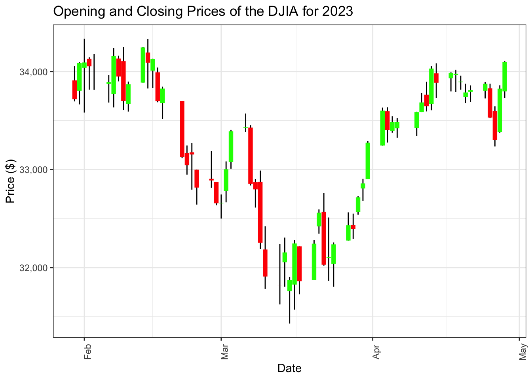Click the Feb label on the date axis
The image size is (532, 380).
(88, 351)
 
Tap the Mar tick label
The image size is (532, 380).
(225, 351)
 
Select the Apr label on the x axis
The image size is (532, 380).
(376, 351)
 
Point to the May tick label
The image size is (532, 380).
(523, 351)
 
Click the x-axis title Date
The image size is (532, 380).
(289, 369)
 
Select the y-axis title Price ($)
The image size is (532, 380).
(11, 180)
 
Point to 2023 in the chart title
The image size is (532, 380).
(337, 11)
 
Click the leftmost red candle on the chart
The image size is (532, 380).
(74, 90)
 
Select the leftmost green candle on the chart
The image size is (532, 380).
(79, 77)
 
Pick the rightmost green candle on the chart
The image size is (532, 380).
(505, 77)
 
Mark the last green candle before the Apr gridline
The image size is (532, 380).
(368, 161)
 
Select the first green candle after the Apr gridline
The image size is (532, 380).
(382, 128)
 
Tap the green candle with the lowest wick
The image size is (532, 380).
(290, 285)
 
